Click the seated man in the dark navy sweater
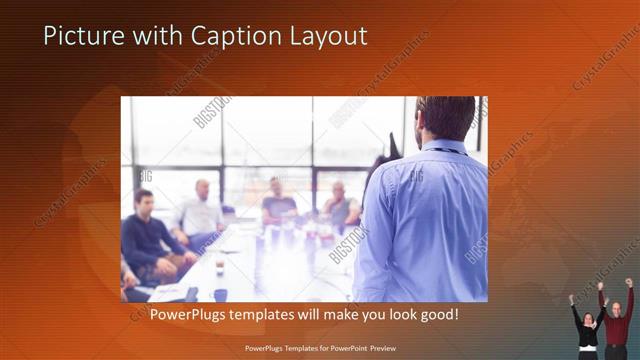[x=147, y=235]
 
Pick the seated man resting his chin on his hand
[x=340, y=207]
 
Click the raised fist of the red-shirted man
[x=629, y=283]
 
